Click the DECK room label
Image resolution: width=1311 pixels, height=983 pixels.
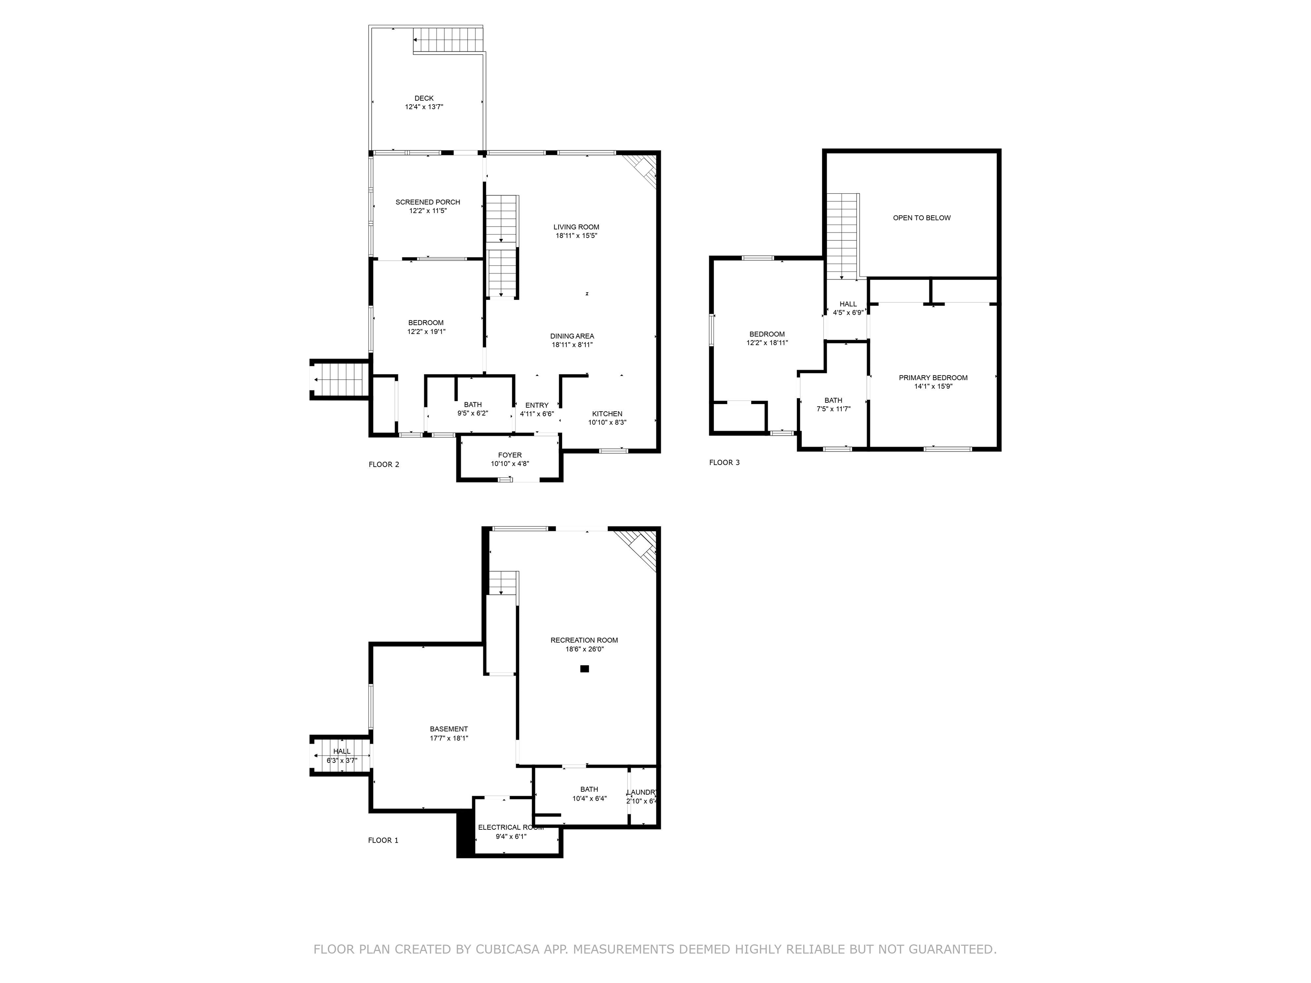(424, 99)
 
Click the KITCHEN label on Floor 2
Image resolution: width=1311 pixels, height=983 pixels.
(607, 413)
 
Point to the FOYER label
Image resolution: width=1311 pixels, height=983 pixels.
(510, 455)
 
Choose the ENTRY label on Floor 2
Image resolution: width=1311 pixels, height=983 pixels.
(536, 405)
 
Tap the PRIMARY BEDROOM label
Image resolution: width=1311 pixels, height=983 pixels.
(933, 378)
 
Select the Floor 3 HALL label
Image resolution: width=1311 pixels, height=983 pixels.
(848, 304)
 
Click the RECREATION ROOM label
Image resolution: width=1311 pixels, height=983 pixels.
(584, 640)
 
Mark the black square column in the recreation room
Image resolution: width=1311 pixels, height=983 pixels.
(584, 669)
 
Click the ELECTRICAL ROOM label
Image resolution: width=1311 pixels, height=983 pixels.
(510, 827)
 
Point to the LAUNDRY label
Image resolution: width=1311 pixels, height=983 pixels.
(642, 792)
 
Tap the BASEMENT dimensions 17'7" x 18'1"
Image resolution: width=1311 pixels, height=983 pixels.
(449, 738)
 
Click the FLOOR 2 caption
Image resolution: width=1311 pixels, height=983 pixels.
(384, 465)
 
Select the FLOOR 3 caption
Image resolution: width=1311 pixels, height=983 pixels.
(724, 463)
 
